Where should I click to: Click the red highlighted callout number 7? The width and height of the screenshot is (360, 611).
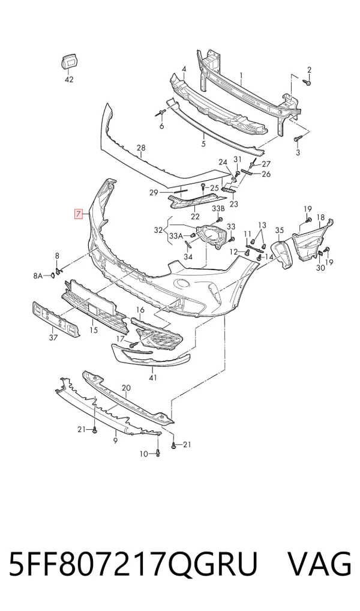click(79, 213)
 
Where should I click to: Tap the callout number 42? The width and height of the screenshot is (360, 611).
click(68, 79)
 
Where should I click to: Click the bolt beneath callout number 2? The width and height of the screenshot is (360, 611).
click(307, 82)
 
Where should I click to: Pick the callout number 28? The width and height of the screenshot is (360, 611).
click(141, 148)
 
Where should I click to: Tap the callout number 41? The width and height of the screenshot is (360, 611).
click(153, 378)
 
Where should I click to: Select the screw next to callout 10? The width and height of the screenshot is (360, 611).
click(158, 453)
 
